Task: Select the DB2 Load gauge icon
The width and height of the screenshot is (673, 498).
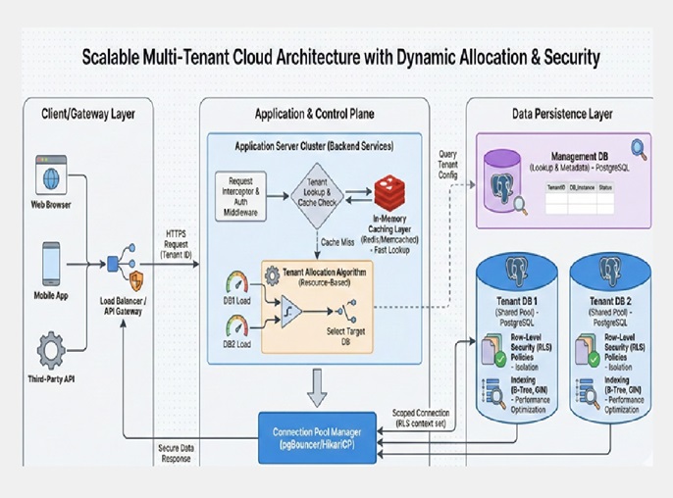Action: [x=236, y=328]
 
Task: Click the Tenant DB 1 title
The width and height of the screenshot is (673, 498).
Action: [x=517, y=300]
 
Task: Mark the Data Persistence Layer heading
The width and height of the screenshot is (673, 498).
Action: [x=561, y=114]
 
